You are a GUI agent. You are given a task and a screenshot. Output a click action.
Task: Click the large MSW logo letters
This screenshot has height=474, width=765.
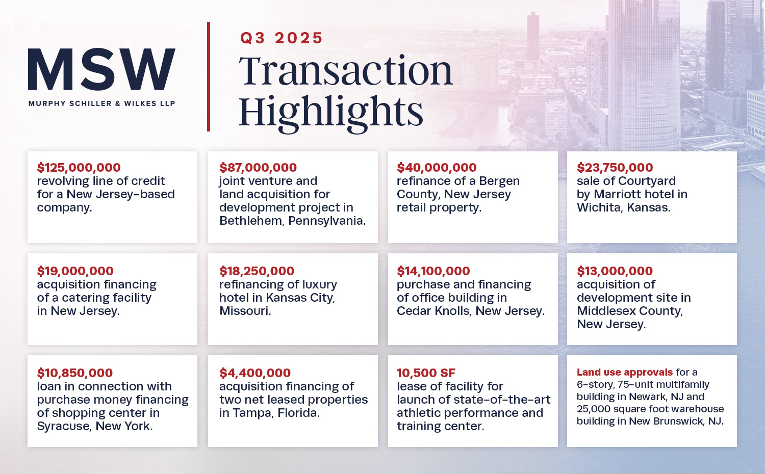101,69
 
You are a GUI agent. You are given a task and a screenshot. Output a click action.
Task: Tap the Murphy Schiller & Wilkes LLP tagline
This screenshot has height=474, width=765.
101,103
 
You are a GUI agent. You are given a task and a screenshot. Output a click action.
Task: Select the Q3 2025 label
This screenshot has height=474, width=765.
281,38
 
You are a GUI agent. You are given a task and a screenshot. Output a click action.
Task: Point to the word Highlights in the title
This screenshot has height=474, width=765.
331,112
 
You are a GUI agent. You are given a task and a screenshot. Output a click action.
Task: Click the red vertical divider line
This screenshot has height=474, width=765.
209,76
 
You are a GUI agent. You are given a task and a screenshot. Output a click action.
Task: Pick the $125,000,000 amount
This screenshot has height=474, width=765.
79,168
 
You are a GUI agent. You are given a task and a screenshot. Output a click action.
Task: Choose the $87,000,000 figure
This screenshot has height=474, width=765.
258,168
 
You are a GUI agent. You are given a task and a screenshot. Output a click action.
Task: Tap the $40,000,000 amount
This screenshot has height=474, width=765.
437,168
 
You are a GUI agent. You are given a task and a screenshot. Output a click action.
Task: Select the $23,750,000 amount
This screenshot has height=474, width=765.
615,168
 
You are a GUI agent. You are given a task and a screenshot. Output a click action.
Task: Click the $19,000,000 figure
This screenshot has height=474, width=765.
75,271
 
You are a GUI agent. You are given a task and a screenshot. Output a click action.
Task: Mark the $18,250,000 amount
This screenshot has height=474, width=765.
257,271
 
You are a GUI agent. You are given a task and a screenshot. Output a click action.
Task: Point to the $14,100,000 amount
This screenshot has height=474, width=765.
433,271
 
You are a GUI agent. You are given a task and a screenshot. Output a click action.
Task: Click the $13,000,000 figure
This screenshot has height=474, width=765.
615,271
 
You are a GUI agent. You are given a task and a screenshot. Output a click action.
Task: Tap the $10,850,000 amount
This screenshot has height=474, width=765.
74,373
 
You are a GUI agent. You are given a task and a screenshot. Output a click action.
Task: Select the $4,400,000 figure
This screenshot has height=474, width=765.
255,373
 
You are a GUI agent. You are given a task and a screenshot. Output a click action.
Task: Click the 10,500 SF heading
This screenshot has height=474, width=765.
426,373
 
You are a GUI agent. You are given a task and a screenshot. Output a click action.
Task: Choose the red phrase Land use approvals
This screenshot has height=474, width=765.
625,373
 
